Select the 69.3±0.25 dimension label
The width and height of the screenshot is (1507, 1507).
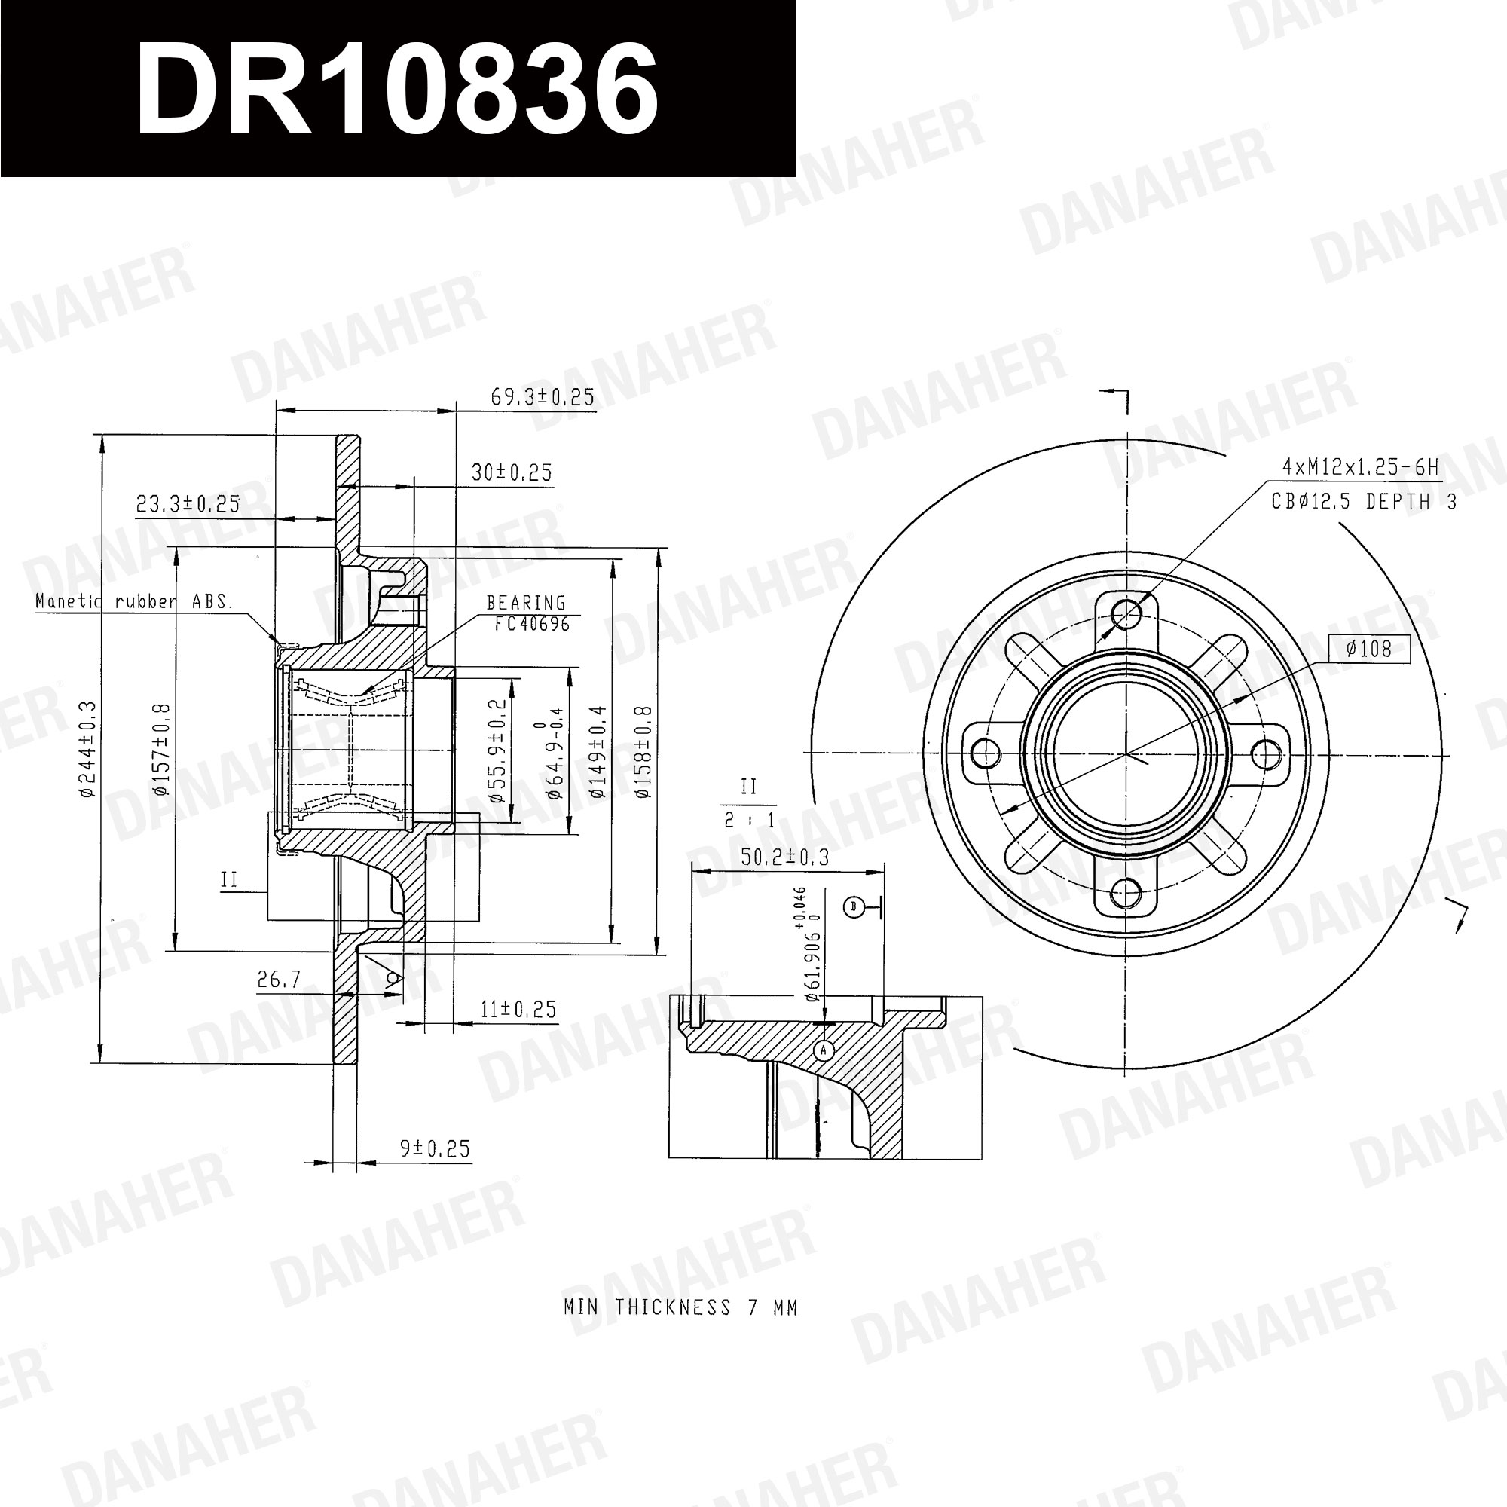point(542,397)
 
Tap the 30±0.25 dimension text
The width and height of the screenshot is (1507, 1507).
point(511,472)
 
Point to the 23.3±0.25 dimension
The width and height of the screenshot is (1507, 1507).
point(188,504)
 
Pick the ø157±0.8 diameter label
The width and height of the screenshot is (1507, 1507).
point(161,749)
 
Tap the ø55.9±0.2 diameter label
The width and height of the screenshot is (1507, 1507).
point(497,750)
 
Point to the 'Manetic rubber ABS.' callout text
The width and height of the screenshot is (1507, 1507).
point(134,601)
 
